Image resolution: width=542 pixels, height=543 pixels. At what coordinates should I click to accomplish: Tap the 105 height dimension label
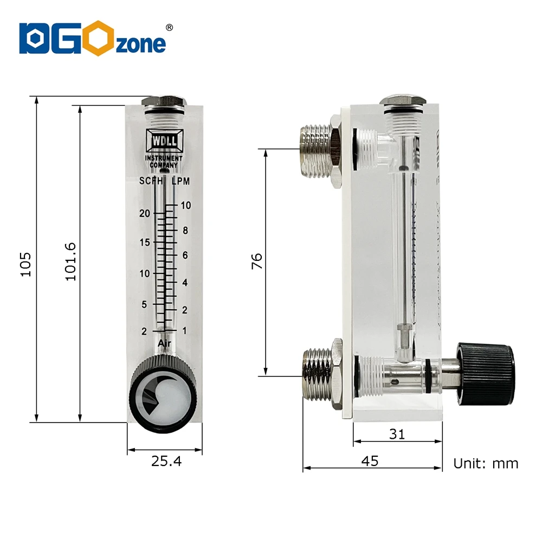[x=26, y=264]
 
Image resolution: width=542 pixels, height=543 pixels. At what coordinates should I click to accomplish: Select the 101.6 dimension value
[x=70, y=261]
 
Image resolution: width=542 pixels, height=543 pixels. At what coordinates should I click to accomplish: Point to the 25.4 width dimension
[x=166, y=462]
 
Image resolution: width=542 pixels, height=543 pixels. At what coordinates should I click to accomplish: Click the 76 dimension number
[x=256, y=261]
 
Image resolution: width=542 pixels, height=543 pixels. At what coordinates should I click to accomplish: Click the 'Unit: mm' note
[x=486, y=463]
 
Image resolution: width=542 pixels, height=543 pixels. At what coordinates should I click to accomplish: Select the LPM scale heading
[x=180, y=181]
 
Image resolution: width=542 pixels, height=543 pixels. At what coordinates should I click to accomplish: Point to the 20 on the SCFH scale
[x=144, y=213]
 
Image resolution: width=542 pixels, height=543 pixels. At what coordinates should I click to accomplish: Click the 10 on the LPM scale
[x=186, y=205]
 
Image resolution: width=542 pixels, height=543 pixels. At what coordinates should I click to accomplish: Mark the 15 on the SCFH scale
[x=144, y=242]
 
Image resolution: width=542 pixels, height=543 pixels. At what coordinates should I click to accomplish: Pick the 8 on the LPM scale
[x=185, y=230]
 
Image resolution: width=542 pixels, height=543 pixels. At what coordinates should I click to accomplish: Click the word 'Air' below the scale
[x=165, y=343]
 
